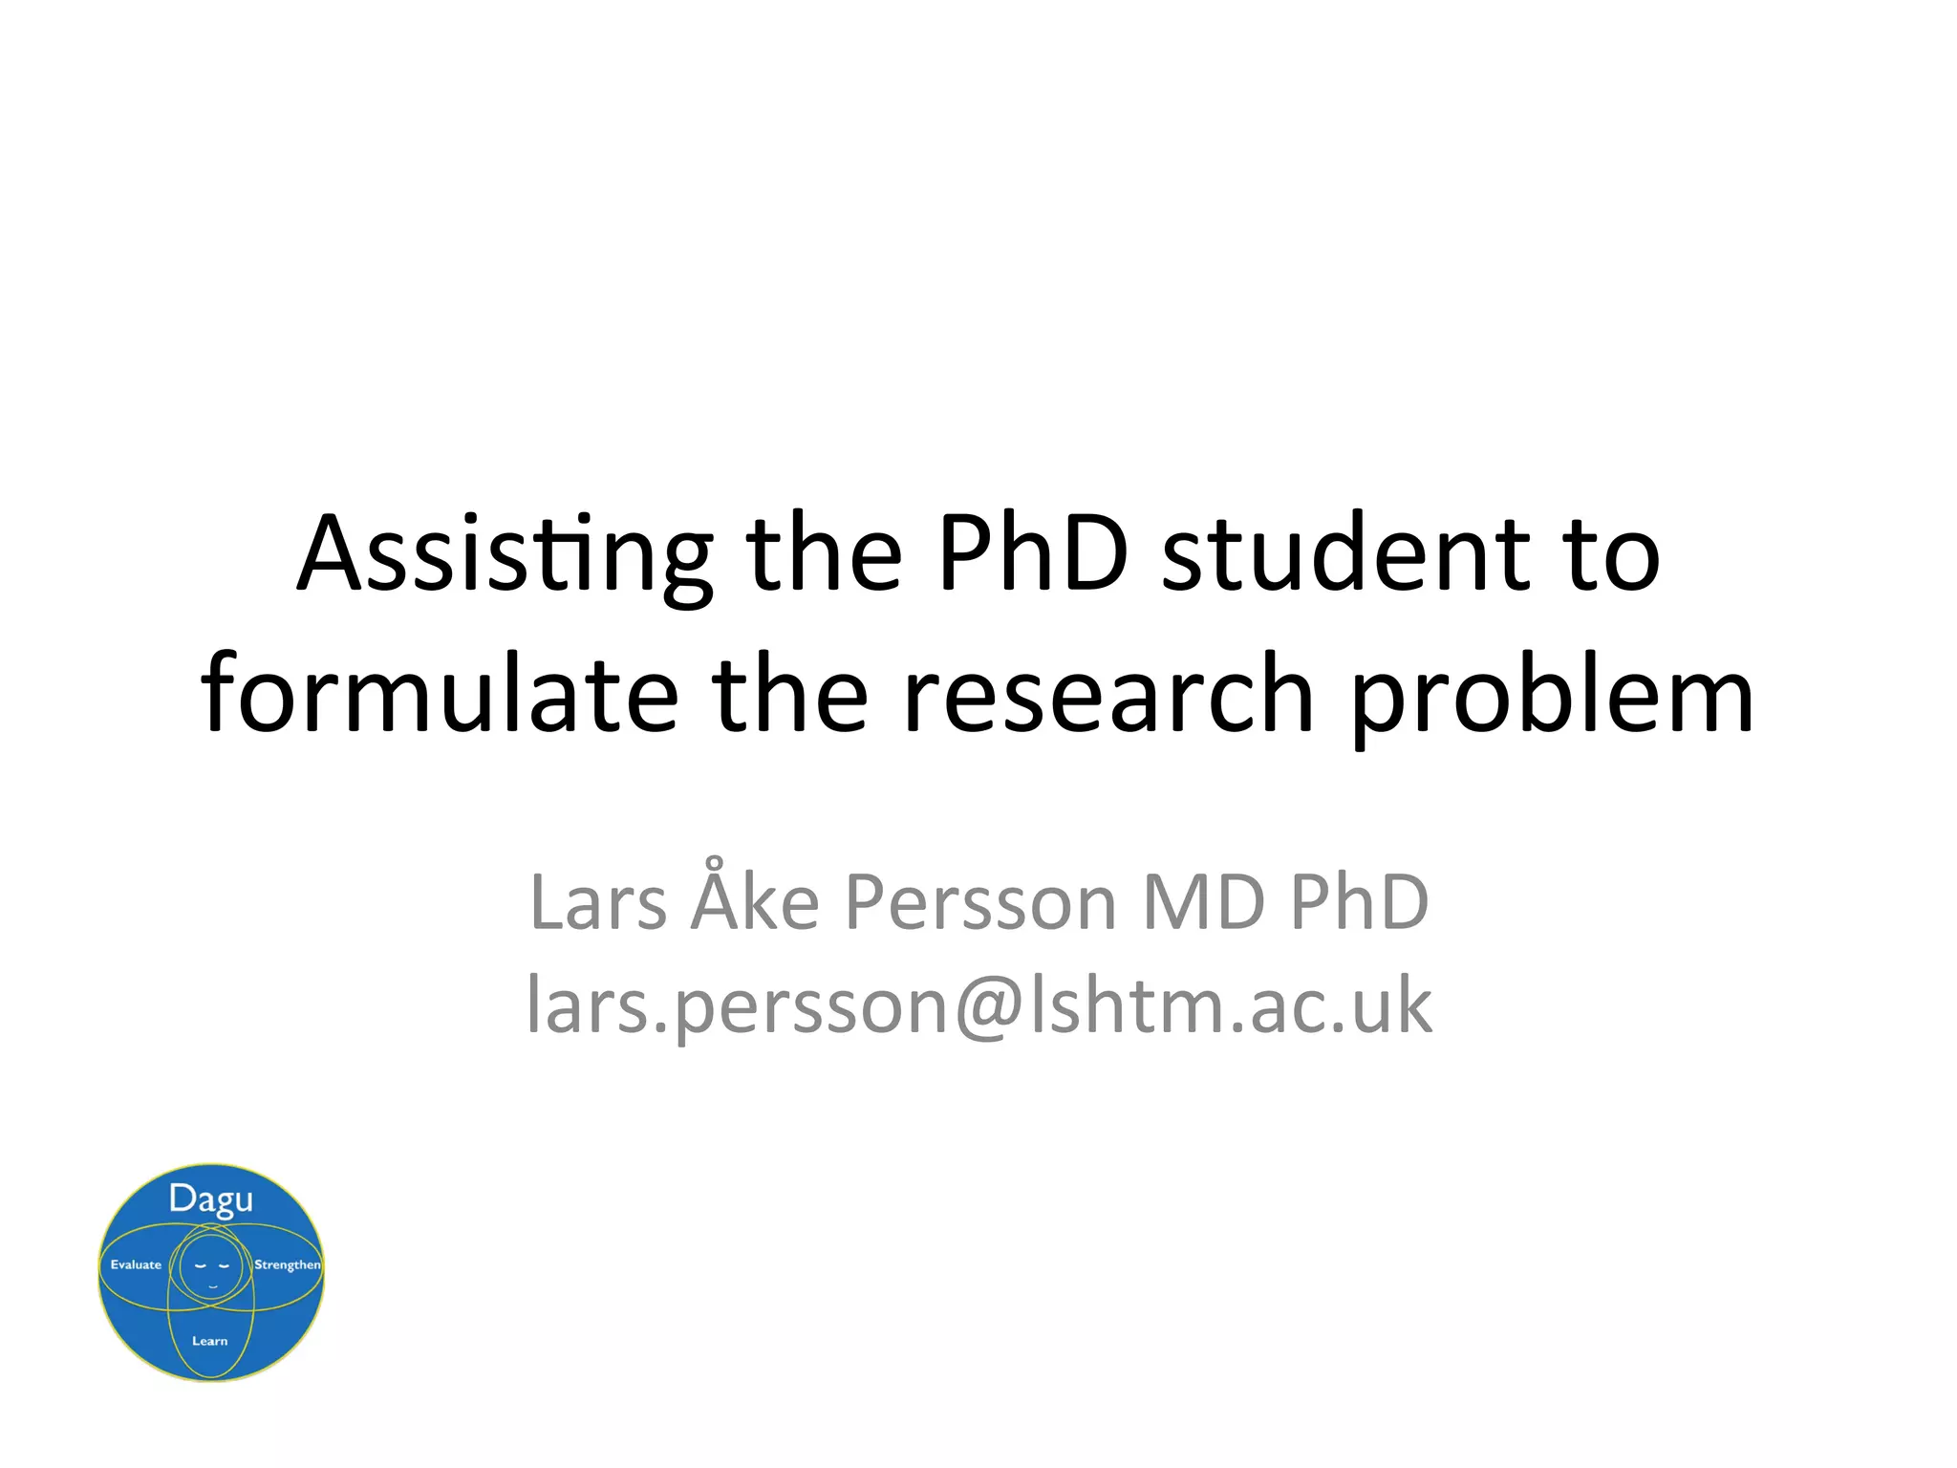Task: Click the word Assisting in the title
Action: [505, 555]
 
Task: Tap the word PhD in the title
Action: [1032, 553]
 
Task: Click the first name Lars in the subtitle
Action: [598, 902]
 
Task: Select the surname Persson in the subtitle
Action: [980, 902]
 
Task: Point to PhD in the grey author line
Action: [1359, 902]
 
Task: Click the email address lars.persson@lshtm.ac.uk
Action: [979, 1006]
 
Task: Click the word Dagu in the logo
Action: [211, 1199]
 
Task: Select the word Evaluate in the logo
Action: [136, 1264]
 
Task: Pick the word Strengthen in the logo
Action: [287, 1264]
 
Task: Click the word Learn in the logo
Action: [210, 1341]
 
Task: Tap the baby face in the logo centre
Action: [212, 1267]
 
